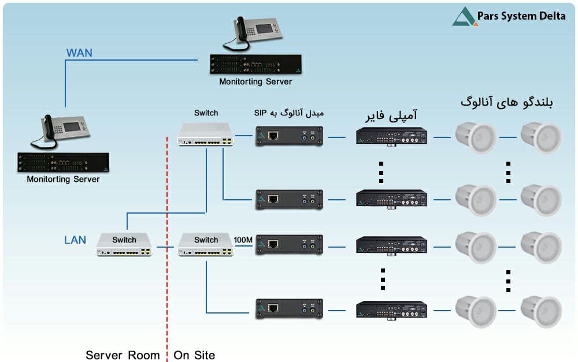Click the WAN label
79,53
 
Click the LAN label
75,240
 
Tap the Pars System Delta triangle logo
464,17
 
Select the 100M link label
243,240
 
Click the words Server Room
123,356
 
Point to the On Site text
194,356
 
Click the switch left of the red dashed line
124,244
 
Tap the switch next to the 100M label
206,244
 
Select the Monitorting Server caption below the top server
255,82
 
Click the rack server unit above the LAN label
64,162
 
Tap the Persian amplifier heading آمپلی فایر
391,115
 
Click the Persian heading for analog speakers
506,102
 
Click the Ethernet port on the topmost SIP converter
273,136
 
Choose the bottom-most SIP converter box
289,309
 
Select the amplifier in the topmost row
391,136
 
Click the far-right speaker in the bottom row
541,311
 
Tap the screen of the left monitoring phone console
72,127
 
